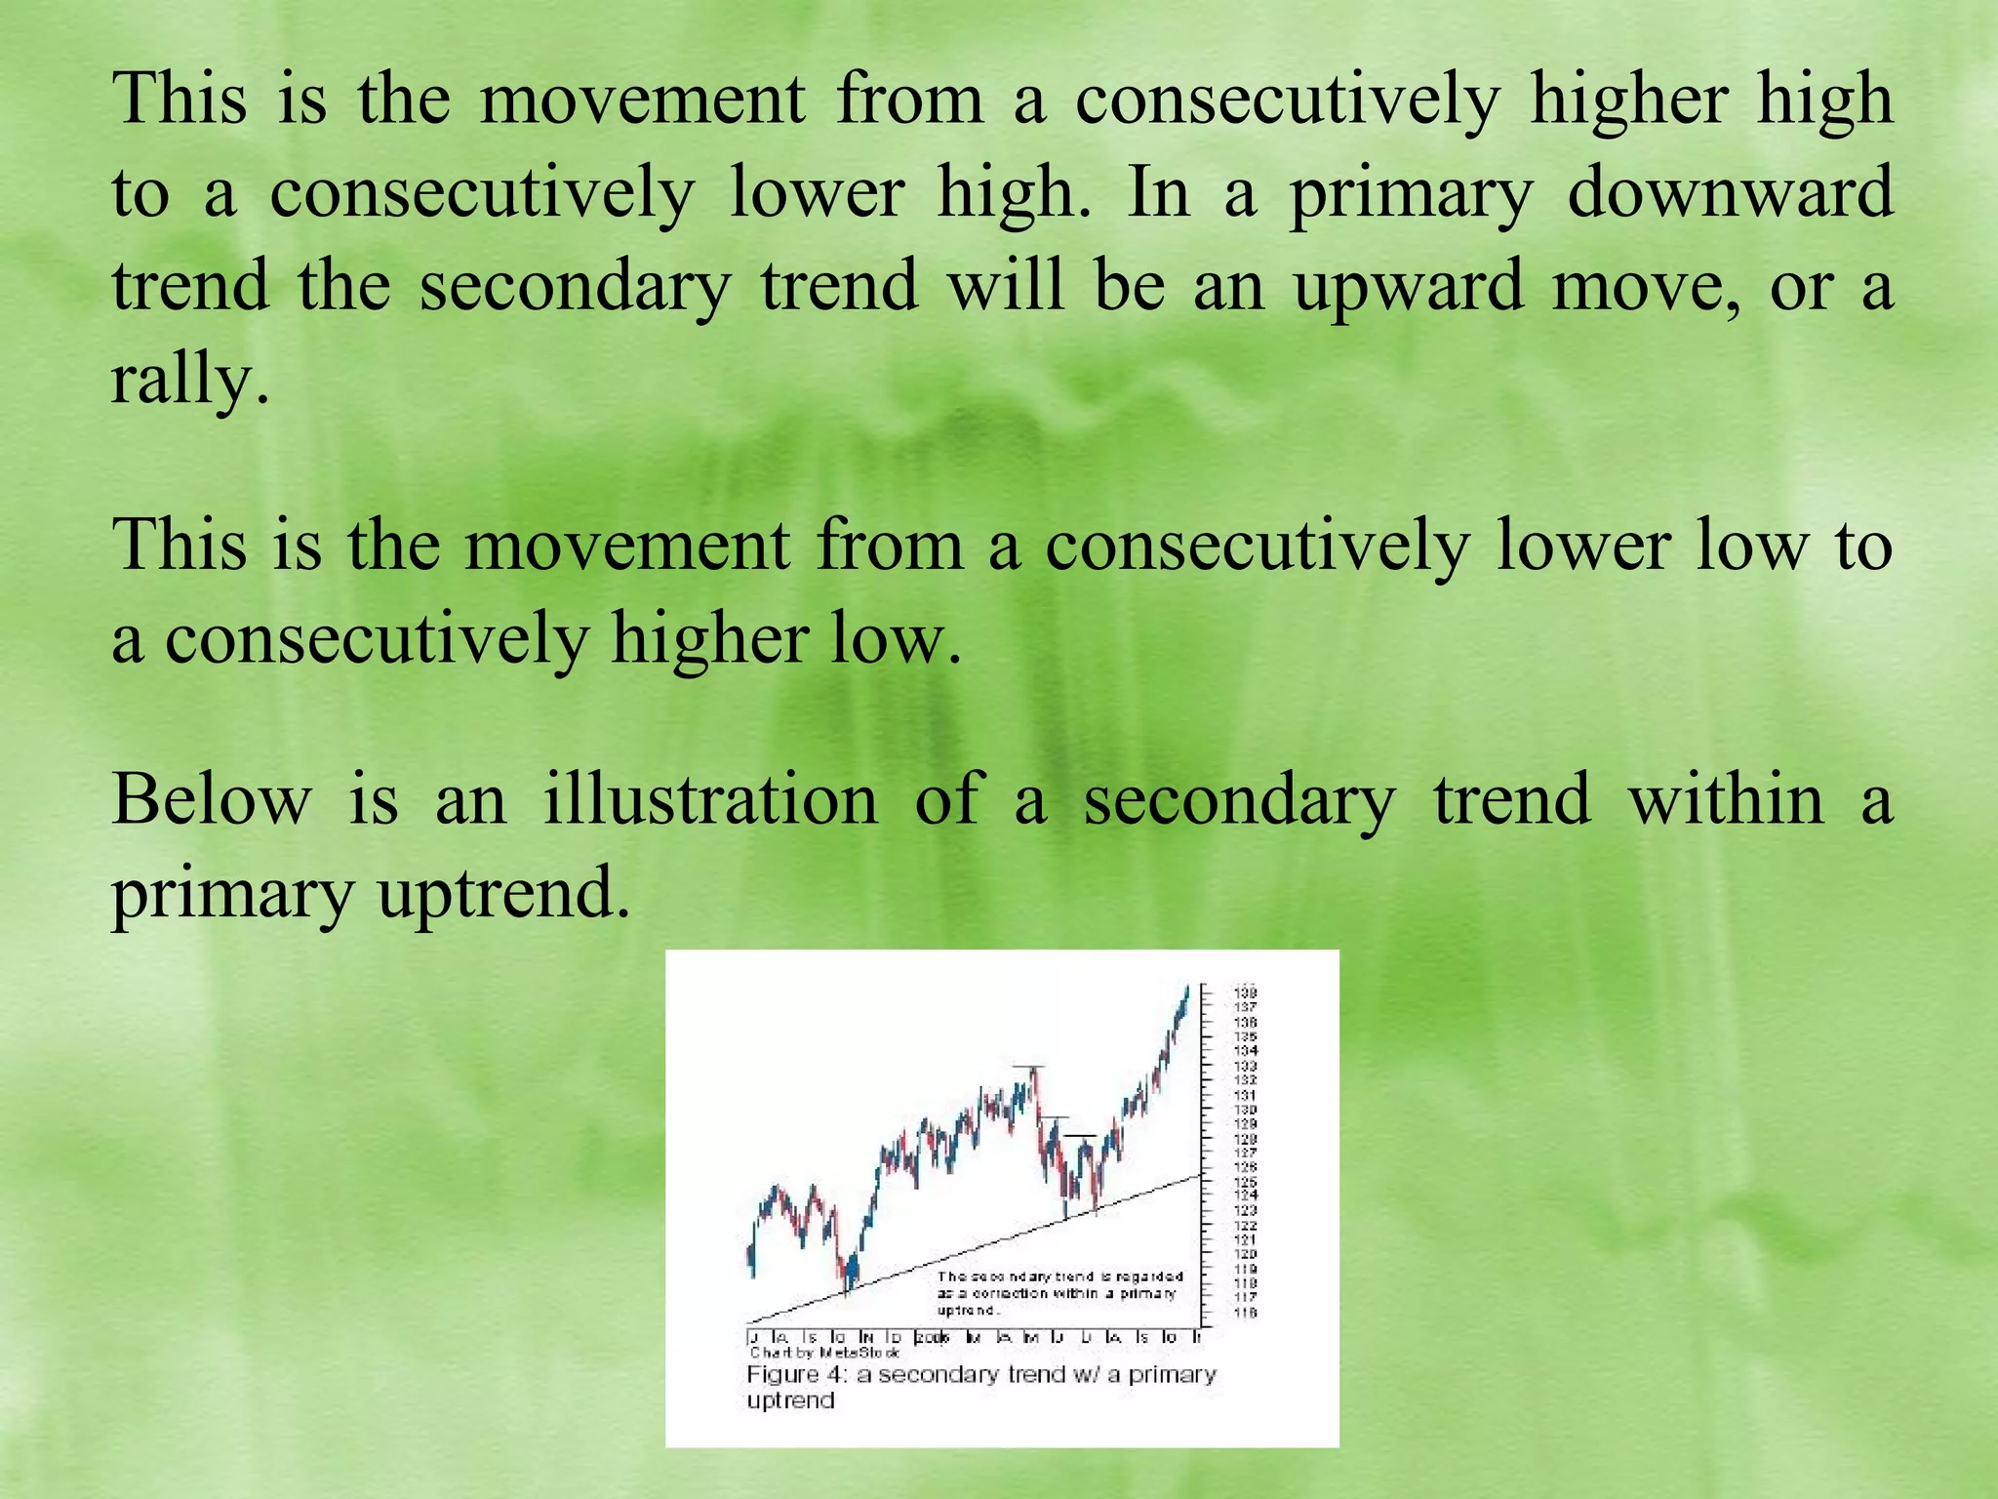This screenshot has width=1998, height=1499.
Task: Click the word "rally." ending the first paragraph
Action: [189, 380]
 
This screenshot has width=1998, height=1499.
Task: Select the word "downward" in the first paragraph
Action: [1729, 192]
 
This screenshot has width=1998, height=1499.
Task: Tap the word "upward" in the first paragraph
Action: [1408, 286]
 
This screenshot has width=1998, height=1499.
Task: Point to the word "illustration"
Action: [710, 799]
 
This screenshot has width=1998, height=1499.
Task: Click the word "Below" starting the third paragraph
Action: [211, 799]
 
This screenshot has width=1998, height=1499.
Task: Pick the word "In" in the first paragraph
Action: [1158, 192]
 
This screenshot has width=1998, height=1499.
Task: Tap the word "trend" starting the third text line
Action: [190, 286]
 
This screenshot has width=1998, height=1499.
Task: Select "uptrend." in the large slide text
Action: [503, 893]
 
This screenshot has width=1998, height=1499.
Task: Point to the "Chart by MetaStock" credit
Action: [824, 1353]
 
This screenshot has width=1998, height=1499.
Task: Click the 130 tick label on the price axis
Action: [1246, 1110]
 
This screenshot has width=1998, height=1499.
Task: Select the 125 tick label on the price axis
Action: [1246, 1182]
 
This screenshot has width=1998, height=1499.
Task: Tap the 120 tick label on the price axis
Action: [1246, 1254]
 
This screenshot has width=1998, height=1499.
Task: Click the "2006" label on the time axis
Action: [933, 1337]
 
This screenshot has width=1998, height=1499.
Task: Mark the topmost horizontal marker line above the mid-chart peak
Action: [1028, 1067]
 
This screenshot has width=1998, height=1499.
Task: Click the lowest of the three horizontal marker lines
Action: [1081, 1136]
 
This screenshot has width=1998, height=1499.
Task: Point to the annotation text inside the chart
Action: [1059, 1293]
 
